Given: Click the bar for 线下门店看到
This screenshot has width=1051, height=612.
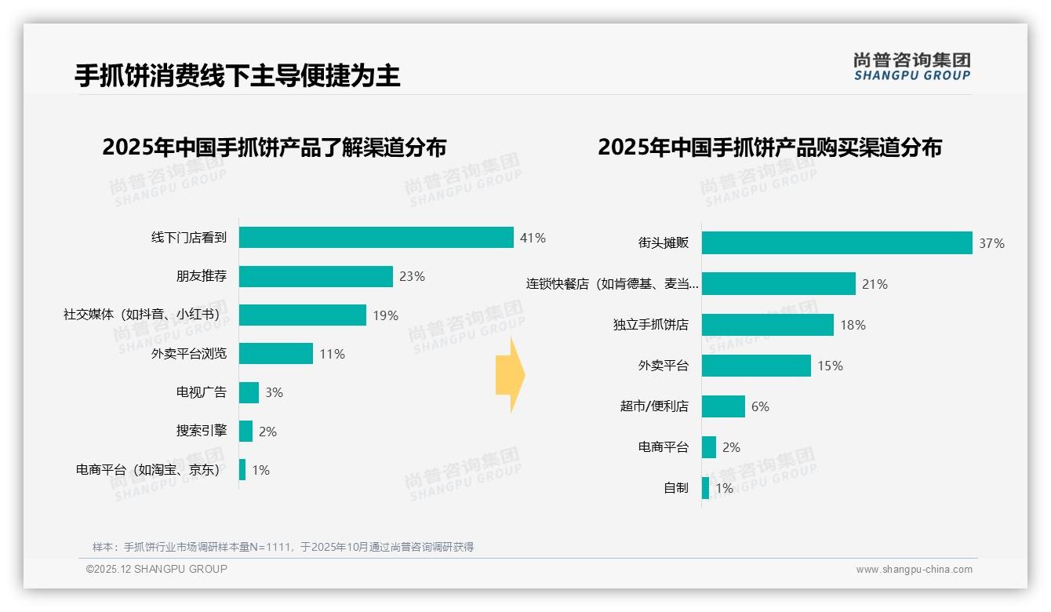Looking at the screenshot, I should point(376,238).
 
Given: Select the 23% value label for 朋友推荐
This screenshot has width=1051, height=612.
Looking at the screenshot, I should point(412,276).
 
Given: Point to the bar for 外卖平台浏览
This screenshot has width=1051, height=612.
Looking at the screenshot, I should point(275,354).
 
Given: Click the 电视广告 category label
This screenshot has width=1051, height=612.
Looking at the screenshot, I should point(201,392).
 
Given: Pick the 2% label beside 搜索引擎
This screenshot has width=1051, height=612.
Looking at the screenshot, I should point(267,432).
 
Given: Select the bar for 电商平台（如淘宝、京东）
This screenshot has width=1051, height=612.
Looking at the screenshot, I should point(242,470).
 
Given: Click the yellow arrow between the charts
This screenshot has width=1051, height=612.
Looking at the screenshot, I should point(510,375).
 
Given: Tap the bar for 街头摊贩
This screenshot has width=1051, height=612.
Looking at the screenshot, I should point(836,243).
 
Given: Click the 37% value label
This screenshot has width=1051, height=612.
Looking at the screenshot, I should point(991,243).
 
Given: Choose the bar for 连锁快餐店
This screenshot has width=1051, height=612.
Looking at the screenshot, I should point(778,284).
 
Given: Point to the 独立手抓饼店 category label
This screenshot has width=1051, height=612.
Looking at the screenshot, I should point(650,325).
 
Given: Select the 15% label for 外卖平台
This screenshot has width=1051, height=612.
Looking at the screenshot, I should point(830,366).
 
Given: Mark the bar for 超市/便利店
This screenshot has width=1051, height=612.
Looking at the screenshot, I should point(723,406).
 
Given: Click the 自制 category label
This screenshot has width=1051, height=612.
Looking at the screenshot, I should point(675,488).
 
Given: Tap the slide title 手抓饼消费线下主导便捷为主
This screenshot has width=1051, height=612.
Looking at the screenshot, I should point(237,75).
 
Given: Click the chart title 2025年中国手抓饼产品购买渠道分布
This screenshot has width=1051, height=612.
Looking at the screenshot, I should point(769,148).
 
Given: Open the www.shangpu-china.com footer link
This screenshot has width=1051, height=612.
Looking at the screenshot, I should point(914,570).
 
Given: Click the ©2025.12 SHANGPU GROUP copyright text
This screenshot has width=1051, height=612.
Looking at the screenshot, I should point(157,569).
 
